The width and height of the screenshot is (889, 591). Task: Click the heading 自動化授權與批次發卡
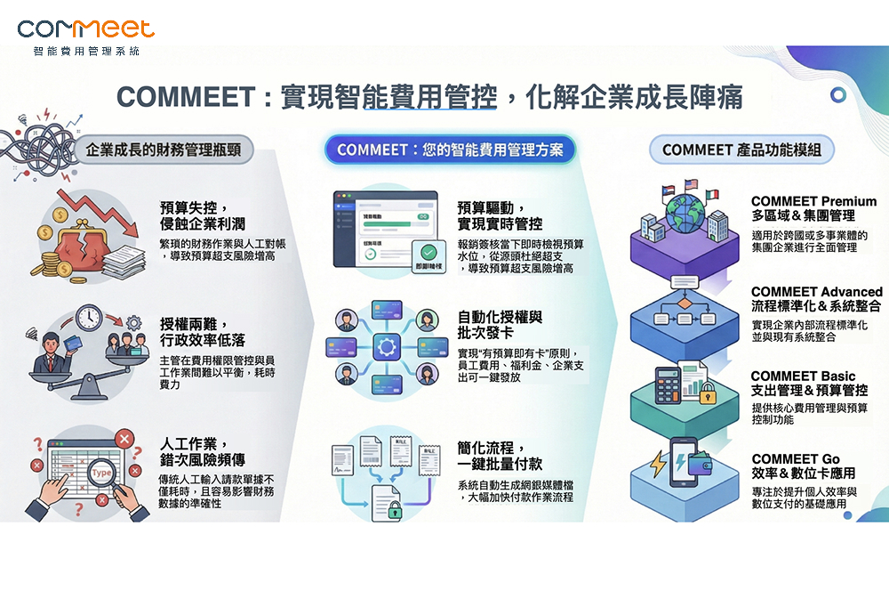[x=501, y=325]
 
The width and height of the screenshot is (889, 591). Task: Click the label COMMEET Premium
[x=813, y=202]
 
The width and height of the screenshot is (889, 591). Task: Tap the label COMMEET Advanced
[x=816, y=292]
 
